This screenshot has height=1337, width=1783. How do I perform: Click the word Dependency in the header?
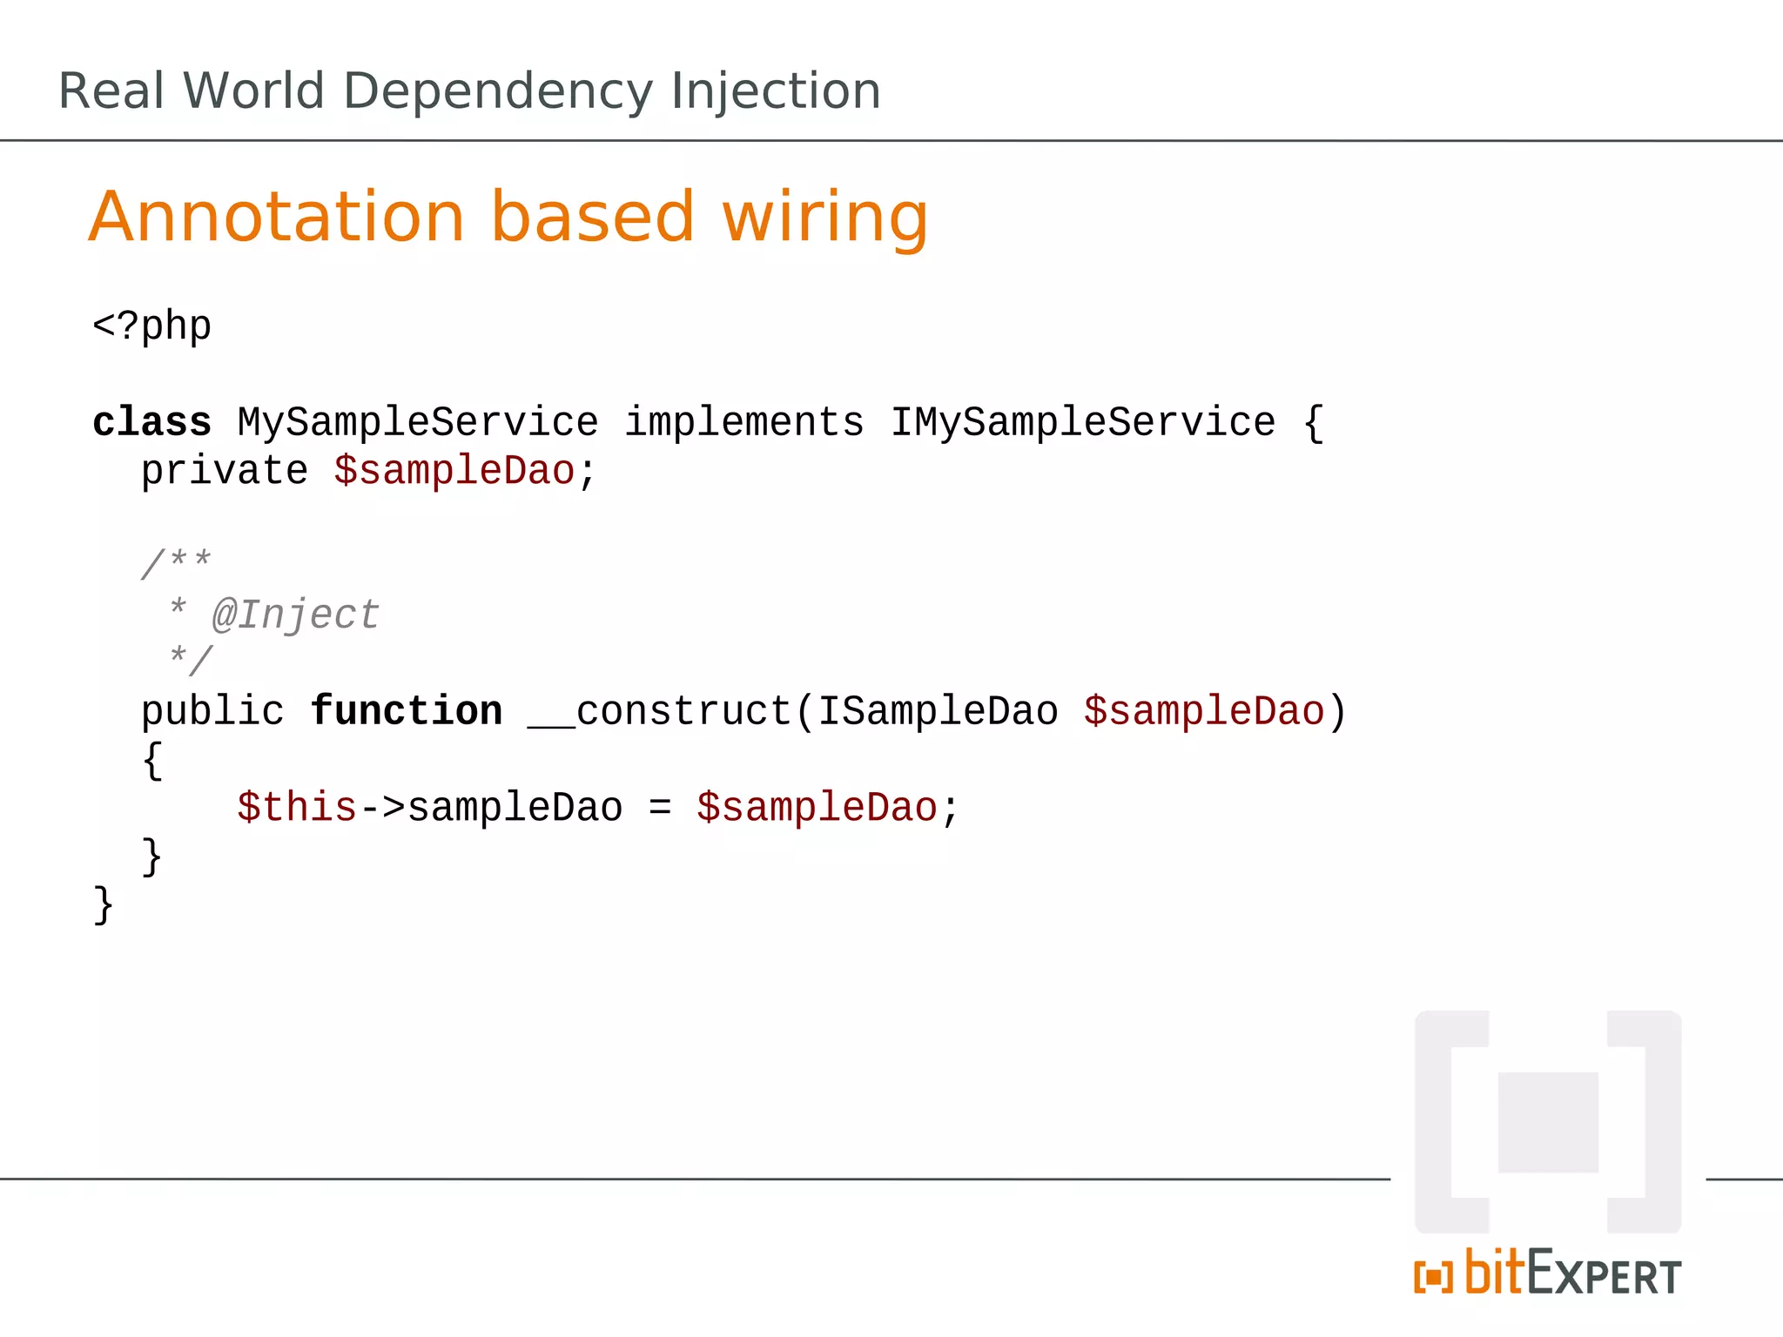pyautogui.click(x=497, y=92)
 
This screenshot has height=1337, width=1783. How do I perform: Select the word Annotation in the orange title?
pyautogui.click(x=277, y=218)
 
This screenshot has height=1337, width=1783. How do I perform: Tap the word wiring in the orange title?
pyautogui.click(x=824, y=218)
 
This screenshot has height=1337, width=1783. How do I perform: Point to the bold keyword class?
pyautogui.click(x=151, y=423)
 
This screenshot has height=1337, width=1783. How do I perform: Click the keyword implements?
pyautogui.click(x=744, y=423)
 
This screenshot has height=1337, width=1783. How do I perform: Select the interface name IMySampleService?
pyautogui.click(x=1082, y=423)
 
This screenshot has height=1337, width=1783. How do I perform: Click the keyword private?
pyautogui.click(x=225, y=472)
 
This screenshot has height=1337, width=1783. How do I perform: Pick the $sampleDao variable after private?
pyautogui.click(x=454, y=472)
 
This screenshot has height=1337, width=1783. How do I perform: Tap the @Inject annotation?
pyautogui.click(x=296, y=615)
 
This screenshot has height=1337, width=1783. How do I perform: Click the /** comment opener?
pyautogui.click(x=176, y=563)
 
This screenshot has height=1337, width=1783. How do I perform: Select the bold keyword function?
pyautogui.click(x=407, y=712)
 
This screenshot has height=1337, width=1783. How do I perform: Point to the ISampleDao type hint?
pyautogui.click(x=938, y=712)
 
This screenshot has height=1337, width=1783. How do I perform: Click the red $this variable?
pyautogui.click(x=297, y=808)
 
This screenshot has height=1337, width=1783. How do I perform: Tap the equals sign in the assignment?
pyautogui.click(x=660, y=808)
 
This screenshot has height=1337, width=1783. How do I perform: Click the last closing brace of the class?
pyautogui.click(x=104, y=905)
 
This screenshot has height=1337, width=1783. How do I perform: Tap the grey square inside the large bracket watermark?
pyautogui.click(x=1548, y=1122)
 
